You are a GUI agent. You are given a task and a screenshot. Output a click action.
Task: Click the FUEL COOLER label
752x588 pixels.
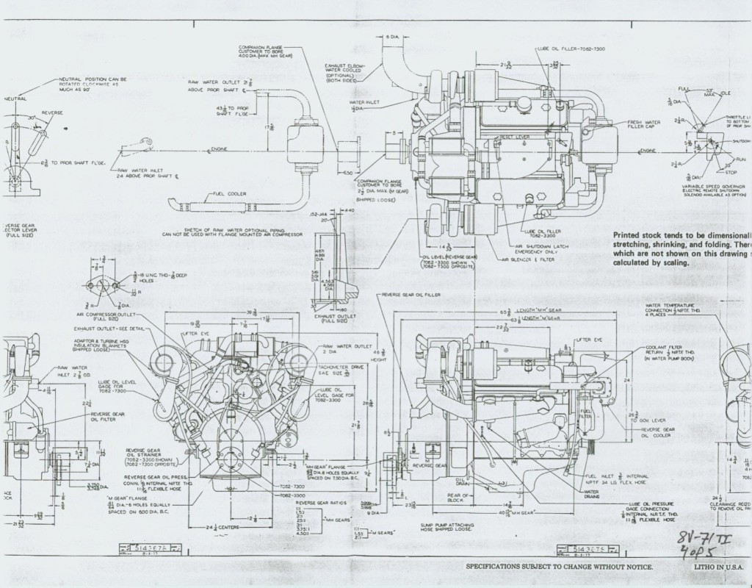229,193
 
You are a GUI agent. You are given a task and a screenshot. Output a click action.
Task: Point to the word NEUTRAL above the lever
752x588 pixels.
15,98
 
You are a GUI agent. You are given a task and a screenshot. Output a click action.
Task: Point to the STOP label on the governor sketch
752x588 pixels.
730,173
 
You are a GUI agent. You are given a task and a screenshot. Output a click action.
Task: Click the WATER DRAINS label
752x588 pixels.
594,494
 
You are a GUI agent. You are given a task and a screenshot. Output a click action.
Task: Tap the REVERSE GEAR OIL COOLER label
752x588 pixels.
658,431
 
